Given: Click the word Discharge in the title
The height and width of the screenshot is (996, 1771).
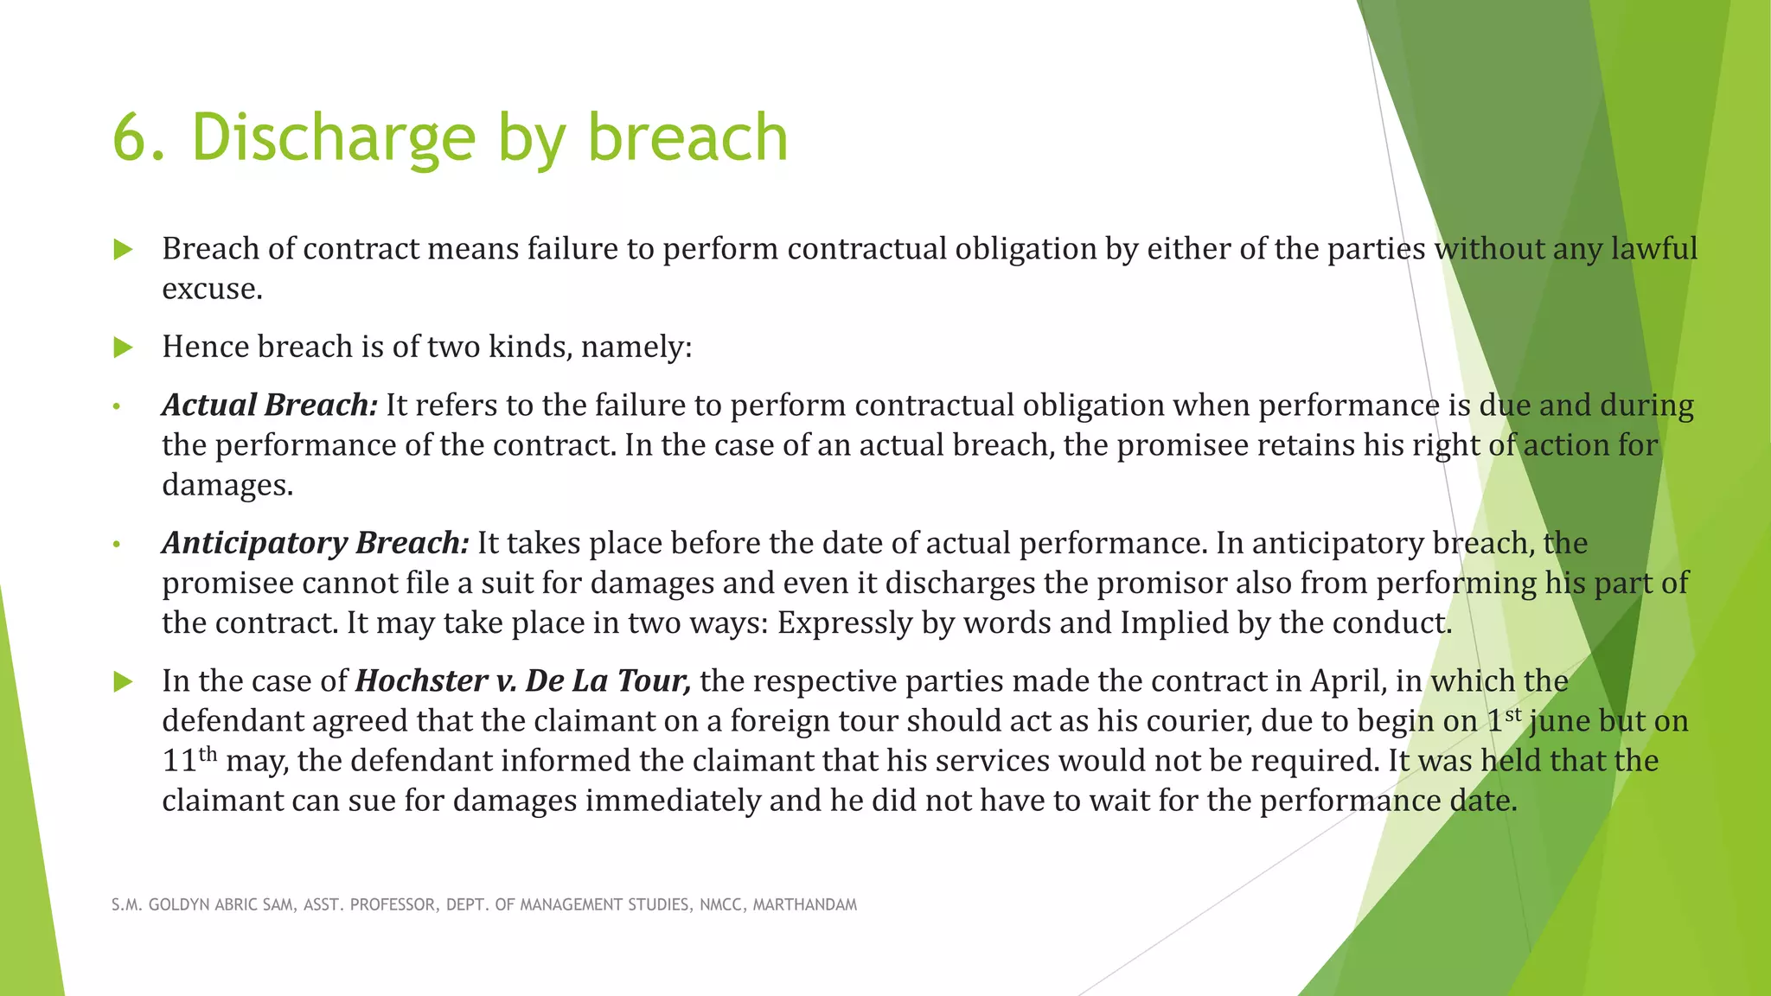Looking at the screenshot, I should pyautogui.click(x=333, y=138).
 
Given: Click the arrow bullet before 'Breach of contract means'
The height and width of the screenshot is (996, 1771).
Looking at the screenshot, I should pyautogui.click(x=123, y=251).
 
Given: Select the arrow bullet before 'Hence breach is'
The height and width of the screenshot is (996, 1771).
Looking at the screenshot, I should pyautogui.click(x=123, y=348).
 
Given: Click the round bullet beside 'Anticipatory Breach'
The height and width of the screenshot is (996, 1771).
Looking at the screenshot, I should pyautogui.click(x=116, y=545).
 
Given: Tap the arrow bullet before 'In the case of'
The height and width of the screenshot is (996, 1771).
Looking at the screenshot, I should pyautogui.click(x=123, y=682).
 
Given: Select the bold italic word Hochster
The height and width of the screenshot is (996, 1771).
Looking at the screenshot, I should pyautogui.click(x=421, y=681).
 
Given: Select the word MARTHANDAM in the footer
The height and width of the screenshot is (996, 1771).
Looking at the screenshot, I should pyautogui.click(x=804, y=905).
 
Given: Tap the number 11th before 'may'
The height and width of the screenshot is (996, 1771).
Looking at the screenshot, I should pyautogui.click(x=189, y=760).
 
